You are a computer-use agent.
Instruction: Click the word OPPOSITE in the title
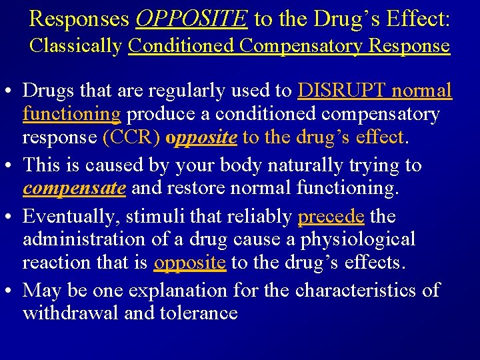click(x=191, y=19)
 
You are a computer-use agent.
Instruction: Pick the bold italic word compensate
click(x=74, y=188)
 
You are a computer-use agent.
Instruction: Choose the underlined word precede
click(x=331, y=216)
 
